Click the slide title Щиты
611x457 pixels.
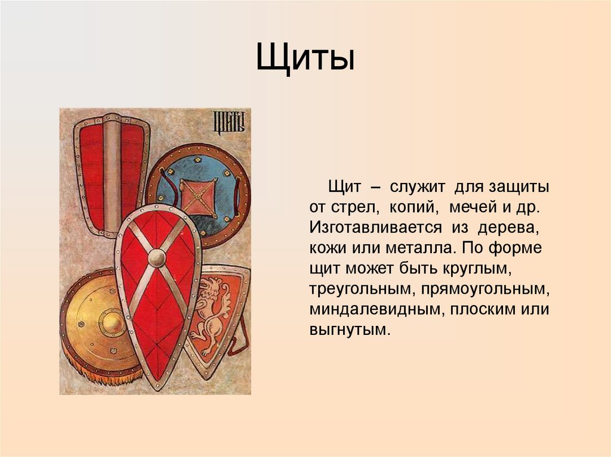[x=305, y=60]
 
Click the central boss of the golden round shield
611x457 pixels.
[x=112, y=323]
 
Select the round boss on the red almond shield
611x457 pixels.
[x=157, y=257]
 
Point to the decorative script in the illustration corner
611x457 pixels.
[x=229, y=122]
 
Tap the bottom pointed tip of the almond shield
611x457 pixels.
[x=156, y=384]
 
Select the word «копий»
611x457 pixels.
[x=412, y=209]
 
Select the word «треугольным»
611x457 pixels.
[x=362, y=289]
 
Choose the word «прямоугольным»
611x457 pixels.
[x=485, y=289]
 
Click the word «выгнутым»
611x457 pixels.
[x=349, y=329]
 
